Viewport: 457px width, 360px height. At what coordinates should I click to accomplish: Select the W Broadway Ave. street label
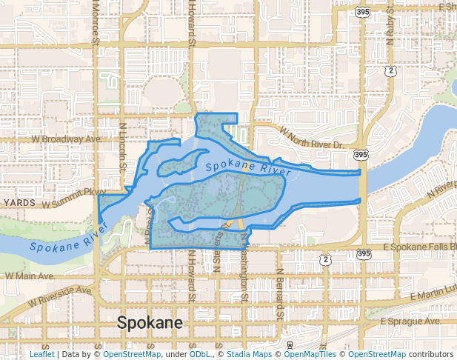(x=65, y=139)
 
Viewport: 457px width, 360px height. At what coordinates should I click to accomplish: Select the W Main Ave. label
(x=30, y=276)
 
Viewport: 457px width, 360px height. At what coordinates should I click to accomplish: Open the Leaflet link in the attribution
(x=41, y=354)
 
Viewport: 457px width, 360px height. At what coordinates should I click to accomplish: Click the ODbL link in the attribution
(x=201, y=354)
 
